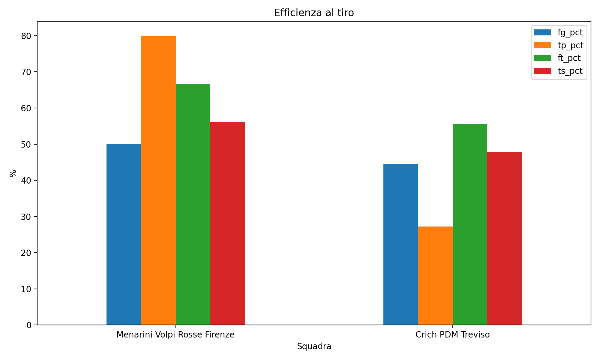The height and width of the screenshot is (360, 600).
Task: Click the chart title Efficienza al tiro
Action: pos(314,13)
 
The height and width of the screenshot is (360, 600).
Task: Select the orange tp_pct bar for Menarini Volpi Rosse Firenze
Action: pos(158,180)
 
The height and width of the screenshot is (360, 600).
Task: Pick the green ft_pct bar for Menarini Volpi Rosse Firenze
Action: pos(193,204)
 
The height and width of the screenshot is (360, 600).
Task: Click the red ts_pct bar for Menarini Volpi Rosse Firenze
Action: pos(227,223)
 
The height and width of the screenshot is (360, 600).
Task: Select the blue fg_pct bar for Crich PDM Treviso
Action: pos(400,244)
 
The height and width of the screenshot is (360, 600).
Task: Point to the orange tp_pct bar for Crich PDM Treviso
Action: pos(435,276)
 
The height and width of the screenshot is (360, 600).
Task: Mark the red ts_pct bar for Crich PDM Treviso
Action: pos(504,238)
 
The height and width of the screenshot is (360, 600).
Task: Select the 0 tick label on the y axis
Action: pos(29,325)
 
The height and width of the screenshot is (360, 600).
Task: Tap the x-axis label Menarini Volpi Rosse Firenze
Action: pos(175,335)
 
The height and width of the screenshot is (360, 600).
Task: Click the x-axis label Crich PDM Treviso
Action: pos(452,335)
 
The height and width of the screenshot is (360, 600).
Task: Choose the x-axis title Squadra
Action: pos(314,346)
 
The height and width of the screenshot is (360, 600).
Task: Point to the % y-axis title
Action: pos(13,173)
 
